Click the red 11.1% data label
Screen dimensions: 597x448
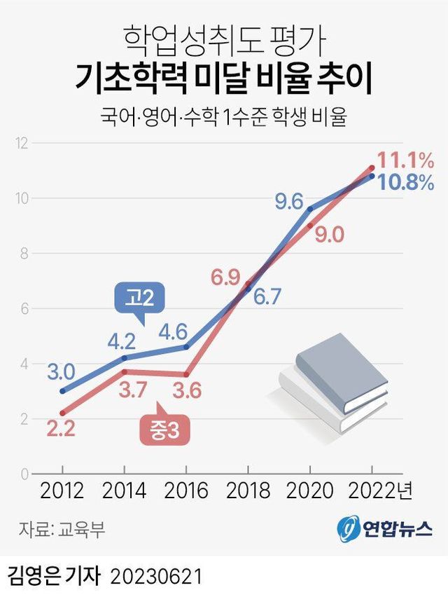click(x=407, y=158)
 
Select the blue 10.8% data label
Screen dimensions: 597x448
click(x=406, y=183)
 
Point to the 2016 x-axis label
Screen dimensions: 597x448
click(x=185, y=490)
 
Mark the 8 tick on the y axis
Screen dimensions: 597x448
click(x=22, y=254)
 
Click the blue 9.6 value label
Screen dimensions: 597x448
click(x=288, y=203)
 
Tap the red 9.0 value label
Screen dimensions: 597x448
click(x=329, y=235)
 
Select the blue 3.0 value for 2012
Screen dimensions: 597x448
click(x=63, y=370)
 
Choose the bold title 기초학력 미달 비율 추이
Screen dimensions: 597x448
click(x=224, y=78)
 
